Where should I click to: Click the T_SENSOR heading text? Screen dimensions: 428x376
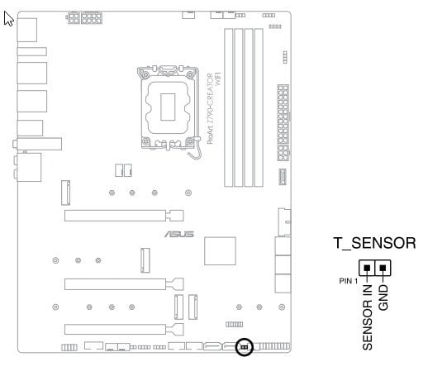[374, 243]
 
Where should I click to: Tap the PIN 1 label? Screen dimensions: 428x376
[348, 281]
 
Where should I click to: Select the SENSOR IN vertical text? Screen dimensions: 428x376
[368, 317]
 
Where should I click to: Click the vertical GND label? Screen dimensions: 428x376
[383, 297]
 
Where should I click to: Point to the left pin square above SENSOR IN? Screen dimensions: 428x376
[367, 268]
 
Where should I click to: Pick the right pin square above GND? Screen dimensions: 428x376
[383, 268]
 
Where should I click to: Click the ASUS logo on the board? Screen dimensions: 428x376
[179, 234]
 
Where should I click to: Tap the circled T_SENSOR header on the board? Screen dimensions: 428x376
[245, 346]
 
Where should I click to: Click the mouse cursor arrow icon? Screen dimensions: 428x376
[8, 19]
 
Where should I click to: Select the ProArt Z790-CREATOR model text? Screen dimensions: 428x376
[210, 108]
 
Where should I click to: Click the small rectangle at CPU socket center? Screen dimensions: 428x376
[168, 107]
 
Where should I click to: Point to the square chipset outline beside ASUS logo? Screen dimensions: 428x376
[220, 251]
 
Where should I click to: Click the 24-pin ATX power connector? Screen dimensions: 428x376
[283, 123]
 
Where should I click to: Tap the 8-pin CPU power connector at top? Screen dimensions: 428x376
[92, 18]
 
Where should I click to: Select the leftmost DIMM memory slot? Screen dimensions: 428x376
[228, 107]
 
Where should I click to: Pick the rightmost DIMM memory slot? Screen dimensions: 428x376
[259, 107]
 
